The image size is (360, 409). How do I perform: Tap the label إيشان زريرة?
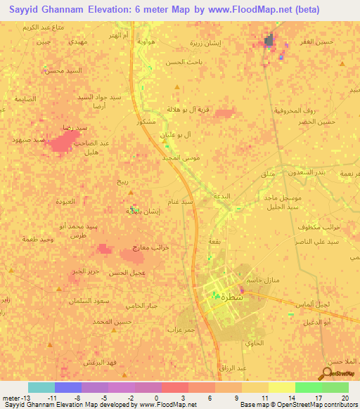(x=205, y=43)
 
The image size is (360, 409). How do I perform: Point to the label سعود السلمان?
(x=110, y=301)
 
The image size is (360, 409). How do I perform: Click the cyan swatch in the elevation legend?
(x=41, y=387)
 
